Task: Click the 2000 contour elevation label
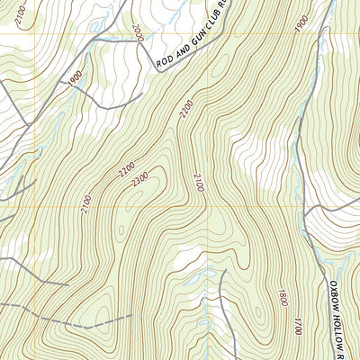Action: point(137,33)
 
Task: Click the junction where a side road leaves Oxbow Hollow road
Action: point(307,212)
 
